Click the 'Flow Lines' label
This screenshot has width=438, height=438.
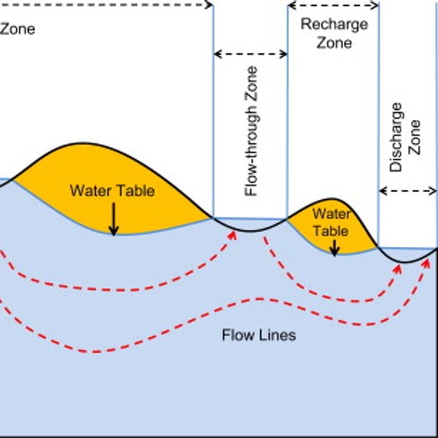259,335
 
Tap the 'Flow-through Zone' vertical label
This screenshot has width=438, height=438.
251,131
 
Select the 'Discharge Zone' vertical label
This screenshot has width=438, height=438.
405,137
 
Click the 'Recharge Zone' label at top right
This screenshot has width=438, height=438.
334,33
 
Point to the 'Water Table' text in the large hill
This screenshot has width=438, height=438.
112,191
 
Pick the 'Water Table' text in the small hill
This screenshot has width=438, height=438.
331,222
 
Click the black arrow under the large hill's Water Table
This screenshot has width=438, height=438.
114,219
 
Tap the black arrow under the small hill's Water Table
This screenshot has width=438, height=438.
335,248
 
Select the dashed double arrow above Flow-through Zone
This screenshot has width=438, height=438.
251,54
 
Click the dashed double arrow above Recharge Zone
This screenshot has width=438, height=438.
333,5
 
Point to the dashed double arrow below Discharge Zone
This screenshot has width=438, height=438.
408,191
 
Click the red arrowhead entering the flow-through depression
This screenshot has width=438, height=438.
232,236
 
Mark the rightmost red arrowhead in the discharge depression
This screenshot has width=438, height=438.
426,263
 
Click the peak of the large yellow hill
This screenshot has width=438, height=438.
83,143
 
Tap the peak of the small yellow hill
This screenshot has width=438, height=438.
331,199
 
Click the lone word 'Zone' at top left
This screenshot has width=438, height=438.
17,30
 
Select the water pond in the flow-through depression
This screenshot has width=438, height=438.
250,224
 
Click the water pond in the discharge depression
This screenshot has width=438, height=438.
408,254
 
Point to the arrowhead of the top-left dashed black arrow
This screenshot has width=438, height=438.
210,4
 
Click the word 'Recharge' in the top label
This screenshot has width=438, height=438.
334,25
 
